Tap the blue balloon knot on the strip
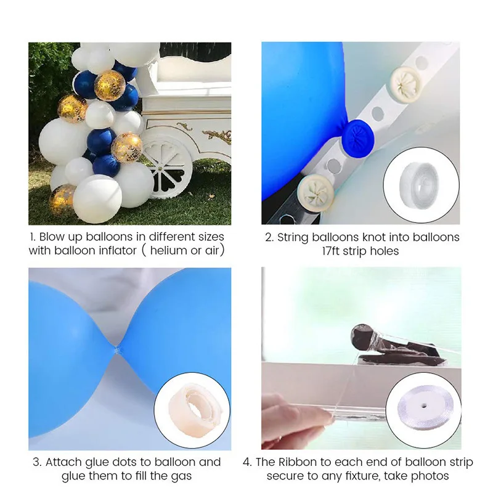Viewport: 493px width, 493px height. [358, 137]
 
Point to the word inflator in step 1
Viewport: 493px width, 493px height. [118, 251]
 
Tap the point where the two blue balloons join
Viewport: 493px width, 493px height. [117, 349]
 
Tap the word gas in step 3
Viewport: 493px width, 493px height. [181, 477]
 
